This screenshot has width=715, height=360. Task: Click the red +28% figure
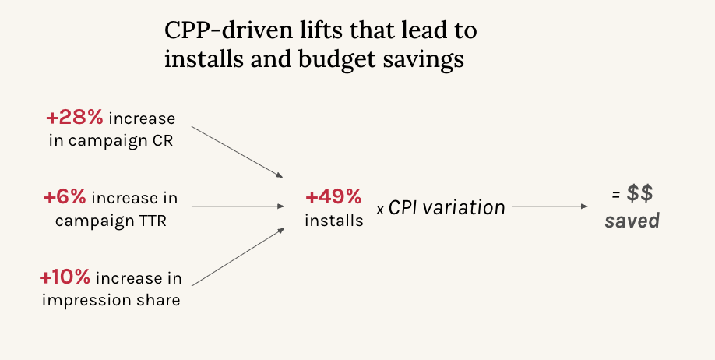pos(75,118)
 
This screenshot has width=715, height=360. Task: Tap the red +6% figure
pos(65,198)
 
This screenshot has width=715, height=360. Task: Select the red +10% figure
pos(65,277)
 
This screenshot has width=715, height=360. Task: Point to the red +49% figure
pos(334,197)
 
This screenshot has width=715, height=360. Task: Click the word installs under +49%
pos(334,221)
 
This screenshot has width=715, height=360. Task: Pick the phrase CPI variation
pos(447,208)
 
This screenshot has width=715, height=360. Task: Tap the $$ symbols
pos(639,193)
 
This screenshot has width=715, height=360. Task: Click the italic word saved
pos(632,221)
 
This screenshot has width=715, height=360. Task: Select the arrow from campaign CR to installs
pos(237,152)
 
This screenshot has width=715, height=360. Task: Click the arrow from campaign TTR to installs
pos(238,206)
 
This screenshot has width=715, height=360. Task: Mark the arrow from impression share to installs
pos(238,257)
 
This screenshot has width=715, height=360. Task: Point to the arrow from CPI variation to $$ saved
pos(550,206)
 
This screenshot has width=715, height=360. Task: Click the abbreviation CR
pos(162,141)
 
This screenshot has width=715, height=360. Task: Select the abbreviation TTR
pos(151,221)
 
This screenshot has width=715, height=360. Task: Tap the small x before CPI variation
pos(380,210)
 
